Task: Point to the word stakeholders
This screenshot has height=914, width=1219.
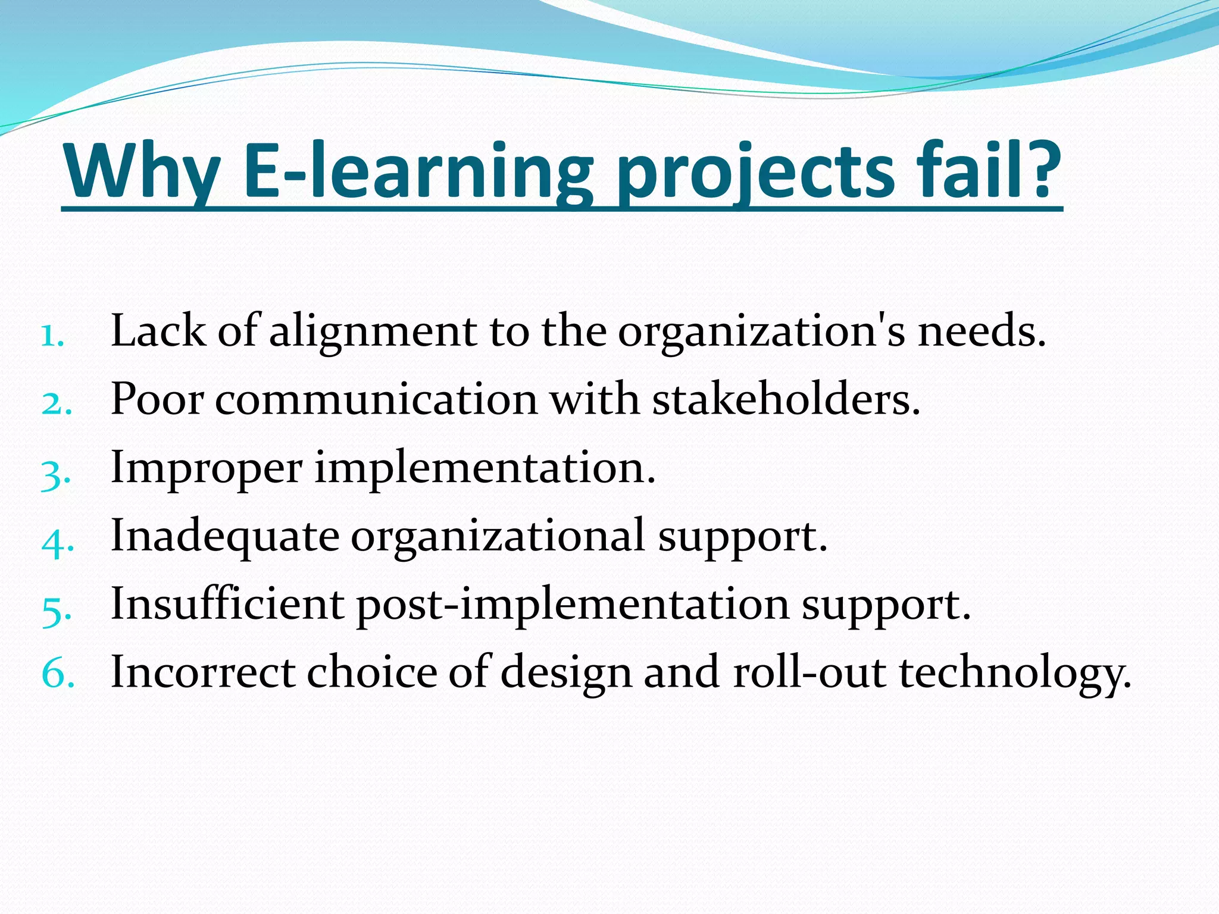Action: [786, 399]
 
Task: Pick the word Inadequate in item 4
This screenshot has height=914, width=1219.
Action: [225, 536]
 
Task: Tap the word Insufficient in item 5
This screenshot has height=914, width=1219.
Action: [227, 604]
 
